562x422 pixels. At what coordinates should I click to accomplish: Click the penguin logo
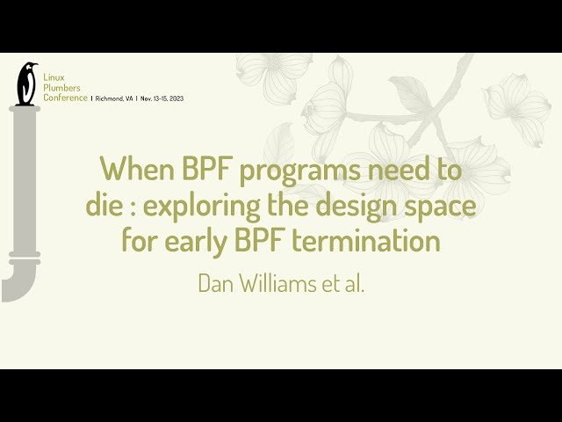pyautogui.click(x=26, y=84)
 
